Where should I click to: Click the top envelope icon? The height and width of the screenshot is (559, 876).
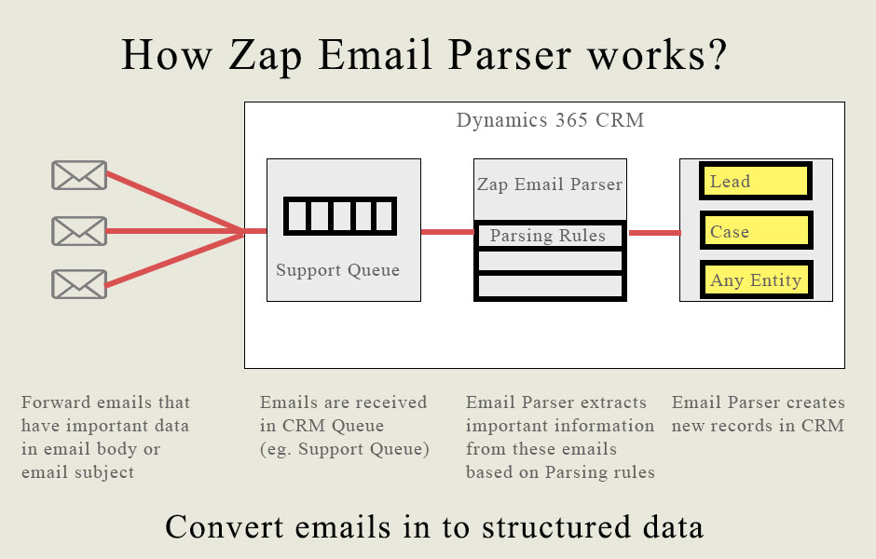pos(78,175)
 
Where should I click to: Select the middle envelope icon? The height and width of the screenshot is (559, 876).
pos(78,230)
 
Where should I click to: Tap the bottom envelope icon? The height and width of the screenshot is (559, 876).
pos(78,284)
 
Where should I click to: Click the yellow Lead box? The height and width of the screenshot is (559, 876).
pos(756,182)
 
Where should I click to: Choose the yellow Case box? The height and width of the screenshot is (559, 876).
pos(756,231)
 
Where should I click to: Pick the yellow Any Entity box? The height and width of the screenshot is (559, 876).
pos(756,280)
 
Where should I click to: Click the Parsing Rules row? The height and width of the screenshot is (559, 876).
pos(549,236)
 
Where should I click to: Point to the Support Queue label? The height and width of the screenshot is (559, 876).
pos(337,270)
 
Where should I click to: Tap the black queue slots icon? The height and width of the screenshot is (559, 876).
pos(340,215)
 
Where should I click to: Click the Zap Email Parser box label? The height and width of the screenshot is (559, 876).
pos(549,184)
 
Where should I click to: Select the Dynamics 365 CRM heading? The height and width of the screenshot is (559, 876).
pos(550,120)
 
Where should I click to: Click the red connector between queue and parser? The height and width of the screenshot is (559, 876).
pos(447,231)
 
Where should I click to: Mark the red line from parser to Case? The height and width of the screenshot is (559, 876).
pos(654,233)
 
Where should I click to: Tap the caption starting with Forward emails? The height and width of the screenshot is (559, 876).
pos(105,437)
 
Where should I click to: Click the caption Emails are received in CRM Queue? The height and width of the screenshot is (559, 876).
pos(344,426)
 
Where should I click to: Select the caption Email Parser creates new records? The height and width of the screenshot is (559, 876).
pos(758,414)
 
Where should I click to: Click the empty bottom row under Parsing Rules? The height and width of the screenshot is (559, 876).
pos(549,285)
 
